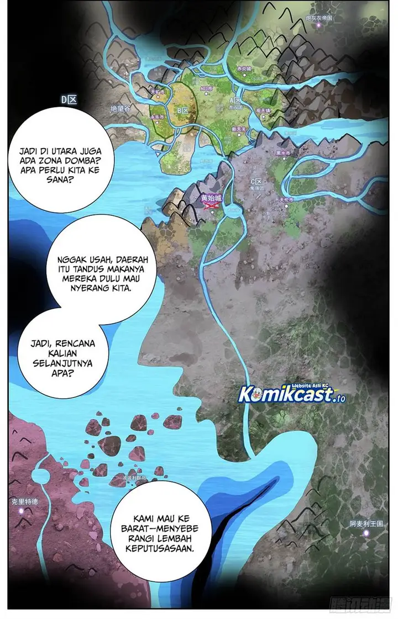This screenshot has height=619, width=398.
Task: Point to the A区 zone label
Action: click(235, 101)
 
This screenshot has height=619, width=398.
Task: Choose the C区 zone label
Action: click(256, 181)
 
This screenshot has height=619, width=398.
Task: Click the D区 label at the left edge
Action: click(69, 99)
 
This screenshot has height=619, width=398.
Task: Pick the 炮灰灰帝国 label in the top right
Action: click(320, 18)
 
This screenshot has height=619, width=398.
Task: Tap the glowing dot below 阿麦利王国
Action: click(365, 532)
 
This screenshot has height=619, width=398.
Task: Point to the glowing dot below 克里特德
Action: click(22, 511)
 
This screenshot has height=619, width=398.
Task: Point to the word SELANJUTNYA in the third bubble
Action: click(64, 363)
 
